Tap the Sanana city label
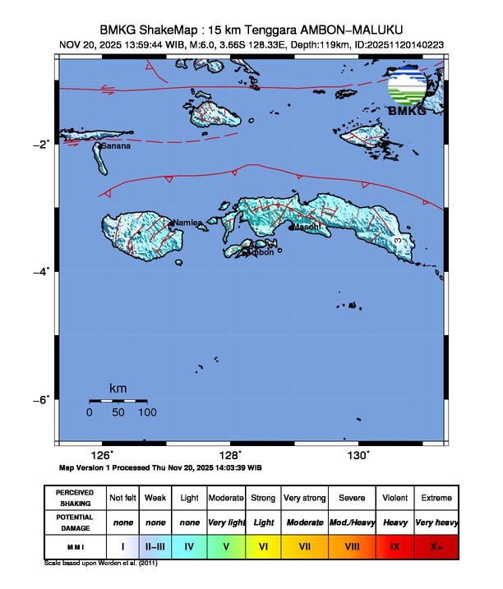point(115,146)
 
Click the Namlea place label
point(187,223)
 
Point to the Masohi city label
point(307,227)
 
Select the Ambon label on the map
point(261,252)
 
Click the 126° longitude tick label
point(101,455)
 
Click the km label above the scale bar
point(118,388)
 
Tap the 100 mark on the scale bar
point(148,412)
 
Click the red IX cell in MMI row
point(395,545)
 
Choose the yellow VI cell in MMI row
point(264,545)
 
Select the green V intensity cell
point(226,545)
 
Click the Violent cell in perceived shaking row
point(395,498)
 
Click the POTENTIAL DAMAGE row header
point(75,522)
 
